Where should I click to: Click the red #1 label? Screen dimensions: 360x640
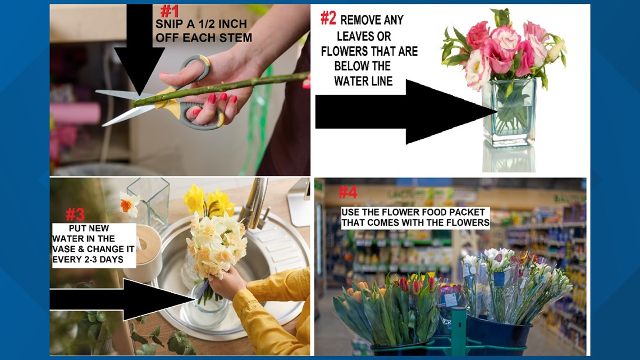(170, 11)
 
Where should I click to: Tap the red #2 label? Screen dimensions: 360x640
(328, 19)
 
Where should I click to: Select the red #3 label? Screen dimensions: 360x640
(75, 214)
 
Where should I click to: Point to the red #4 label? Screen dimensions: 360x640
(348, 193)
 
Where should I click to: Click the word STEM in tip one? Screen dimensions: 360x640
(236, 38)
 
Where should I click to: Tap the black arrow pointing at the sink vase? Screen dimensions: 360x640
(124, 298)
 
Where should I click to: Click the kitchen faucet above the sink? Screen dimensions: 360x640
(256, 202)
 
